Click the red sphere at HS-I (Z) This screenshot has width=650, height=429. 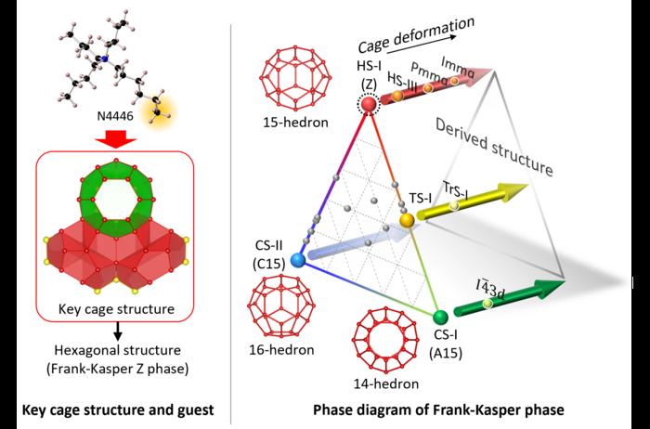368,105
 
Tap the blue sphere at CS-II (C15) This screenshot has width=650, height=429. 298,262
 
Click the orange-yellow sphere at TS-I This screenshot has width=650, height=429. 407,221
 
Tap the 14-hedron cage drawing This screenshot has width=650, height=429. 383,341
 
